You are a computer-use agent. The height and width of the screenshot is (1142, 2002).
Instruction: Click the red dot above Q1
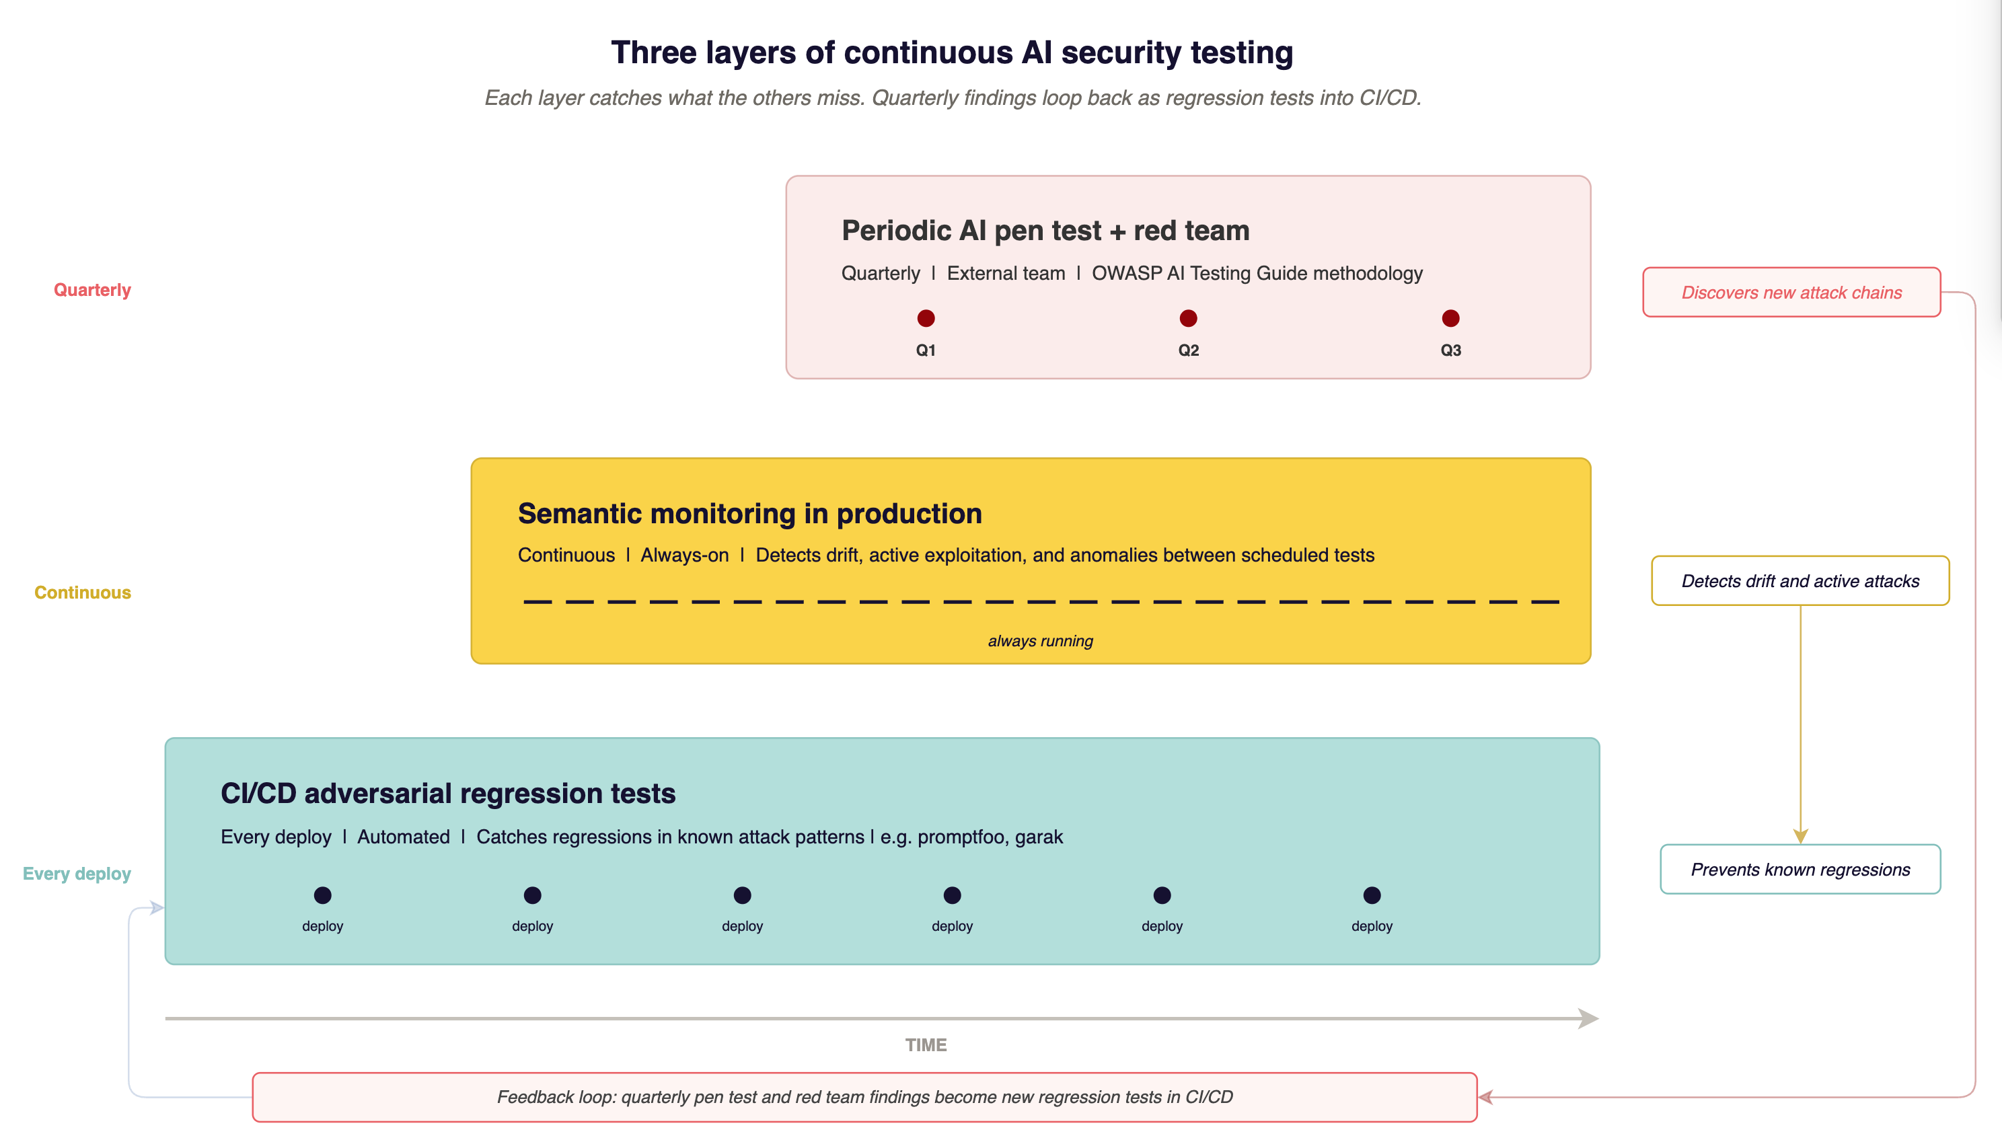pos(926,318)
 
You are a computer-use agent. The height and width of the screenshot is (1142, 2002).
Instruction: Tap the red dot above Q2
pos(1188,318)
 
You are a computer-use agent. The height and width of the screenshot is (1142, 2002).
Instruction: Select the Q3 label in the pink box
pos(1450,350)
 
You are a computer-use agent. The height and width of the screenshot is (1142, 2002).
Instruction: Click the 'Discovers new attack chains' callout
pos(1791,293)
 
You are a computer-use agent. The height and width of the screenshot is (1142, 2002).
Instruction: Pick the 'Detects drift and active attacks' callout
pos(1800,581)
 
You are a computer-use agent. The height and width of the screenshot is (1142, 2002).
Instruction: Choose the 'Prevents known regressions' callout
pos(1800,869)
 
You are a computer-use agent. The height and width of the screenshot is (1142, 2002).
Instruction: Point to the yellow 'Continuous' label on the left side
pos(82,593)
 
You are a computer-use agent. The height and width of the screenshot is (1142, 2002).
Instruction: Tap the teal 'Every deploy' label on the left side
pos(76,874)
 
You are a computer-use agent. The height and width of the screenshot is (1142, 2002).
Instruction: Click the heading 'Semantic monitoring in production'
pos(749,514)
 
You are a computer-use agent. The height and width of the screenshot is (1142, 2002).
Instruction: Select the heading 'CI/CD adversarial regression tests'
pos(448,794)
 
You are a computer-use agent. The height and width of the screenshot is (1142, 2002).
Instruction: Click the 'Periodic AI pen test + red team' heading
pos(1045,231)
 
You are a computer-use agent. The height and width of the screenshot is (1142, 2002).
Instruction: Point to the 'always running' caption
pos(1040,641)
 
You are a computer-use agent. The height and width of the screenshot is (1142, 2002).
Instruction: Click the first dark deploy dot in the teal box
pos(322,895)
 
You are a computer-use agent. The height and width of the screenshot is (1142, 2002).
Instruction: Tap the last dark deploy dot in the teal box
pos(1371,895)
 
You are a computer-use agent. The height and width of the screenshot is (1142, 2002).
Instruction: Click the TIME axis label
pos(926,1044)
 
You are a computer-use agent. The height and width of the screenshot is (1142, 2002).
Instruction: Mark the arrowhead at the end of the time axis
pos(1588,1018)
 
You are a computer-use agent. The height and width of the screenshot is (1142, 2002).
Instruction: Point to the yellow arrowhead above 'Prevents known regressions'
pos(1800,836)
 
